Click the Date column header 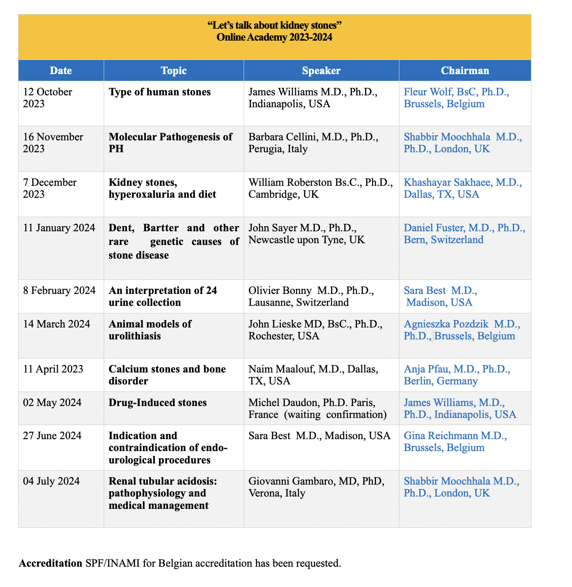(x=61, y=71)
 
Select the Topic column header (x=173, y=71)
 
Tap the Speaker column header (x=321, y=71)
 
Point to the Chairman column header (x=465, y=71)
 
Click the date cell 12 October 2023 (x=48, y=98)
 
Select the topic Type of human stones (x=160, y=92)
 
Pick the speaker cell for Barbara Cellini (x=313, y=143)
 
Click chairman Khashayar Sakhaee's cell (x=463, y=188)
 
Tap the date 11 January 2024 (x=59, y=228)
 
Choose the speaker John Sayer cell (x=307, y=234)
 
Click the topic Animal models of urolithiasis (x=150, y=330)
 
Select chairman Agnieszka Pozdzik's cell (x=462, y=330)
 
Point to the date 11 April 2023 (x=53, y=369)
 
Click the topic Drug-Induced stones (x=158, y=403)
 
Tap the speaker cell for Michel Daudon (x=317, y=408)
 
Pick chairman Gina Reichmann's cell (x=455, y=441)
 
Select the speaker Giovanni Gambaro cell (x=316, y=487)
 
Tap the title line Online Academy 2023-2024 (x=274, y=37)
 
